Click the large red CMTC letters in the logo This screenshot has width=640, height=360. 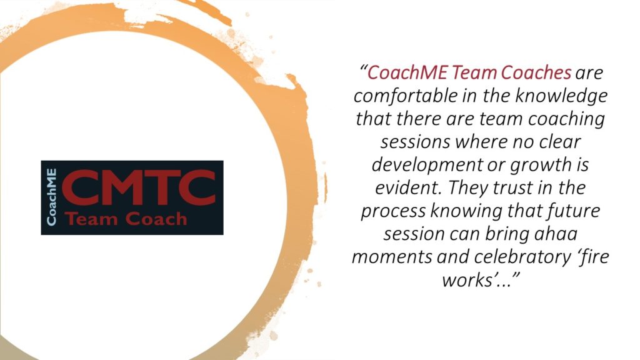click(139, 188)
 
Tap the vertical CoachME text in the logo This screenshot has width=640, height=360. click(51, 197)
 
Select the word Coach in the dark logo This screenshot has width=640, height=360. click(156, 219)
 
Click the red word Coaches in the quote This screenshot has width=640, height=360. click(536, 72)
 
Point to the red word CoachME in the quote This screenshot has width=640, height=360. click(407, 72)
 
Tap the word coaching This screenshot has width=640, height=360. click(566, 120)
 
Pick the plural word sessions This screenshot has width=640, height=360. click(415, 142)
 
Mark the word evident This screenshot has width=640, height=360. click(409, 187)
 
